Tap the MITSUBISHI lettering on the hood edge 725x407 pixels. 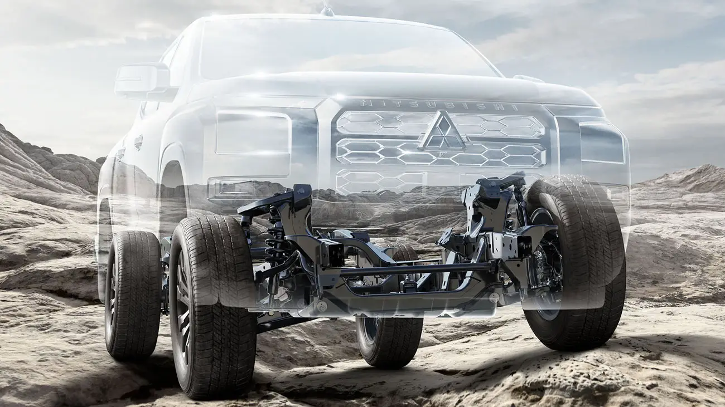439,105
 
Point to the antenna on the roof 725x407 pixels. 327,9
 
